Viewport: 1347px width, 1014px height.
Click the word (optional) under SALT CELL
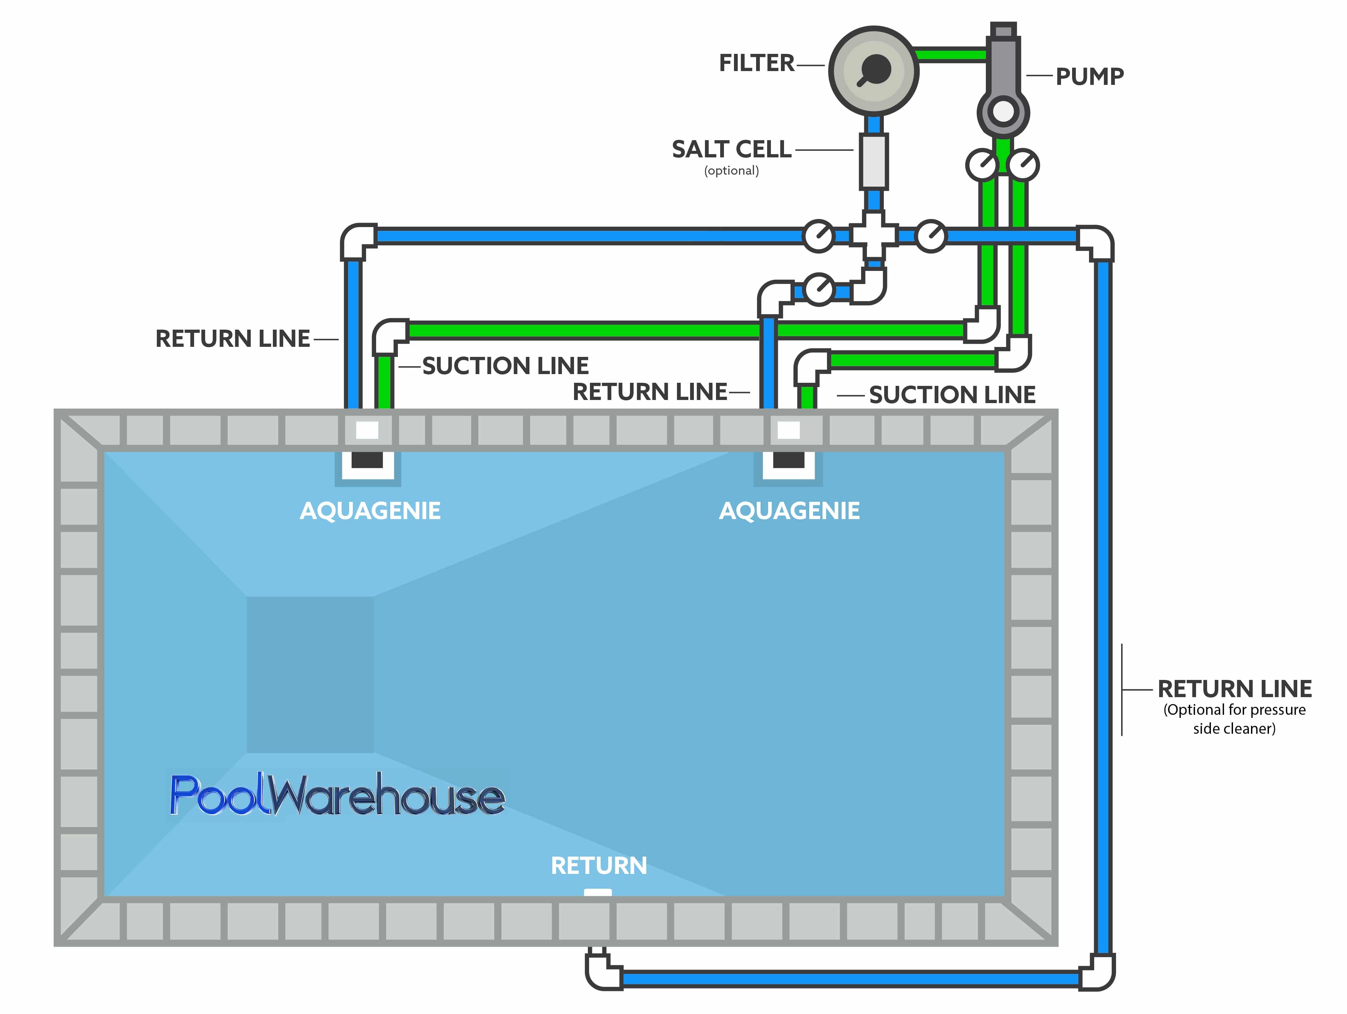[x=731, y=171]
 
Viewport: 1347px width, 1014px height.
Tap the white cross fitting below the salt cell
[x=874, y=235]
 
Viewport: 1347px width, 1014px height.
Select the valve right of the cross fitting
[x=930, y=235]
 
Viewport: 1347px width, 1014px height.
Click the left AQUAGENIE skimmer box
[x=367, y=462]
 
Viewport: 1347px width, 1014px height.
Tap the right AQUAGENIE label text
[x=789, y=511]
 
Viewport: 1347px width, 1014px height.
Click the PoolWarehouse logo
[x=337, y=795]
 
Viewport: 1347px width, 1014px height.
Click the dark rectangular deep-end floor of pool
[x=310, y=674]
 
